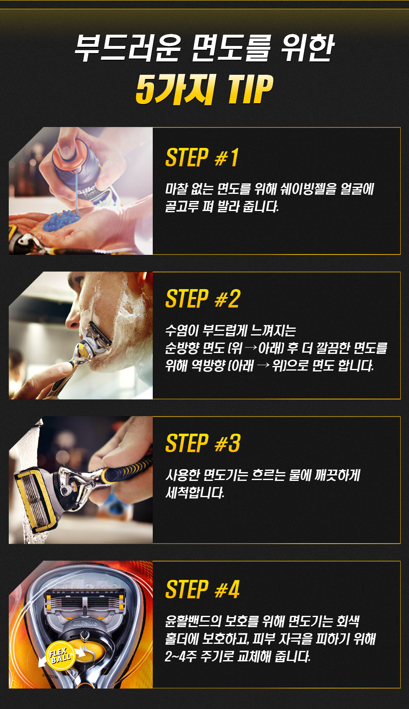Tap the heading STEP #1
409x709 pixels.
tap(202, 158)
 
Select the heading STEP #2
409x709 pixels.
tap(202, 298)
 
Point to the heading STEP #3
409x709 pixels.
tap(202, 443)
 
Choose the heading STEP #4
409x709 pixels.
tap(202, 589)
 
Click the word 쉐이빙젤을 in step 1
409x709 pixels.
tap(304, 189)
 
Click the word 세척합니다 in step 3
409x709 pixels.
tap(195, 493)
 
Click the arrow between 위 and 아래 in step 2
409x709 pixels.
tap(251, 348)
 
